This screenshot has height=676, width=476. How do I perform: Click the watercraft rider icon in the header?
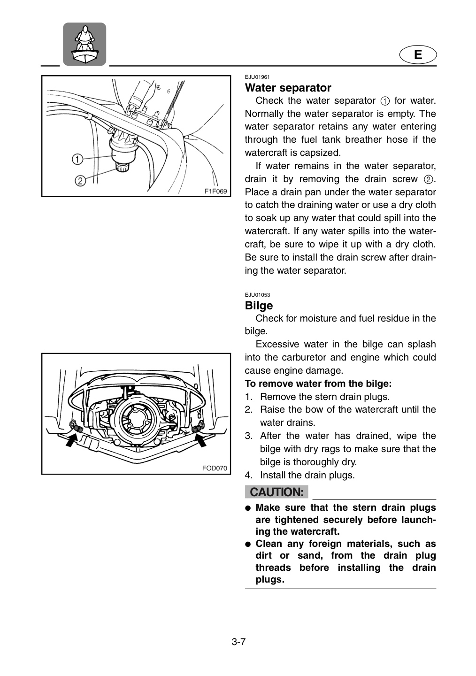(84, 44)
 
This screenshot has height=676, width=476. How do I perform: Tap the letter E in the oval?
(418, 54)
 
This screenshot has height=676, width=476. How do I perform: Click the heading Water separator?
(288, 88)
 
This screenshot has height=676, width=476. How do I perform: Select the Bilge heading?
(259, 306)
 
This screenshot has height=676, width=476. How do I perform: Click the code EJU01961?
(257, 77)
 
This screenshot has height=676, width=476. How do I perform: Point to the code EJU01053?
(257, 295)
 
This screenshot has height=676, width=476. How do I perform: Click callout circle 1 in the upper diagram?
(77, 159)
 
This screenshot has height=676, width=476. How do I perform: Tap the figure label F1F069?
(215, 192)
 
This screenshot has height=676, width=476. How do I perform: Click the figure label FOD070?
(215, 468)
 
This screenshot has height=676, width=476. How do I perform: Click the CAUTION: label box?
(276, 492)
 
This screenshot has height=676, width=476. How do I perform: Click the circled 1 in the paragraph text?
(385, 101)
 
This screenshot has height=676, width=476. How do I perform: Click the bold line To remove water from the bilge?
(318, 384)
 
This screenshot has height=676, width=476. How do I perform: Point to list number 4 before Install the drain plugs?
(248, 475)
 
